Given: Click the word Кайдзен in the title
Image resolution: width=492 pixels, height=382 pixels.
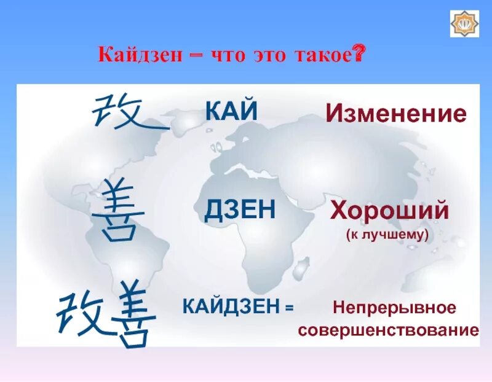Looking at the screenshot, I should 139,57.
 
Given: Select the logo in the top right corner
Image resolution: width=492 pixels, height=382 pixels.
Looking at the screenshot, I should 464,23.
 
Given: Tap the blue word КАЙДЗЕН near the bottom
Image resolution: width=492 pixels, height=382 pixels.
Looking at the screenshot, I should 230,306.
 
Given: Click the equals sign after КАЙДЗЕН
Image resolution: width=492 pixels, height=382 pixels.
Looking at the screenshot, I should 289,306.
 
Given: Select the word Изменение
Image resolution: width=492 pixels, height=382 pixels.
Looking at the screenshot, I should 395,114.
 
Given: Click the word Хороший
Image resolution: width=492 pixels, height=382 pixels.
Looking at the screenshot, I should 389,211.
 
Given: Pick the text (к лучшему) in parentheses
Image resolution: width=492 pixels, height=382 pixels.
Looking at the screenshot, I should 389,235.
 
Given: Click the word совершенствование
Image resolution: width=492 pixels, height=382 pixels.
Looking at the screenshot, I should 389,330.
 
